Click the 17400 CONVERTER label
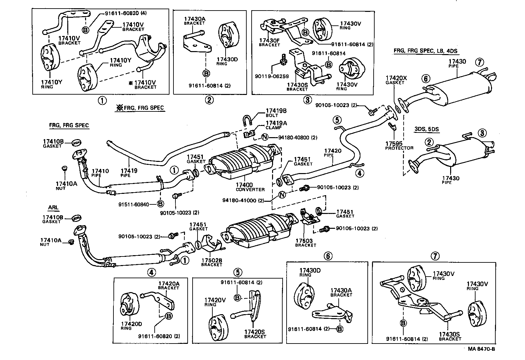250,187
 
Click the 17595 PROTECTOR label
399,146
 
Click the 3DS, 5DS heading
426,129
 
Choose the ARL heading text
53,207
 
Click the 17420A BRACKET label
168,285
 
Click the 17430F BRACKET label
269,42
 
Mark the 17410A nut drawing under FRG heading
64,168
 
